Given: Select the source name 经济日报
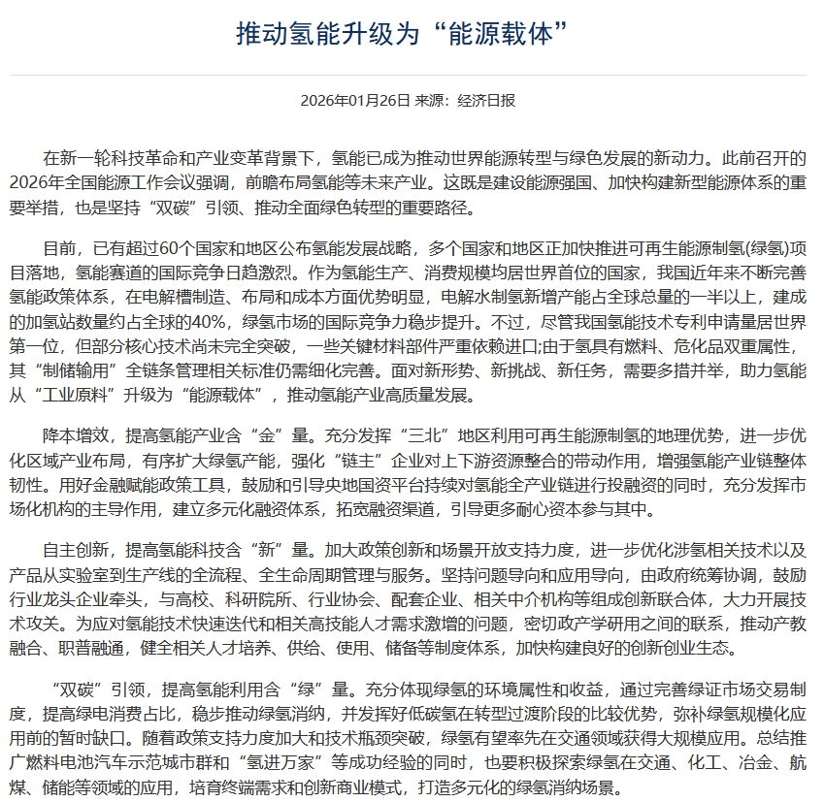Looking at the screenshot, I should click(x=487, y=101).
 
